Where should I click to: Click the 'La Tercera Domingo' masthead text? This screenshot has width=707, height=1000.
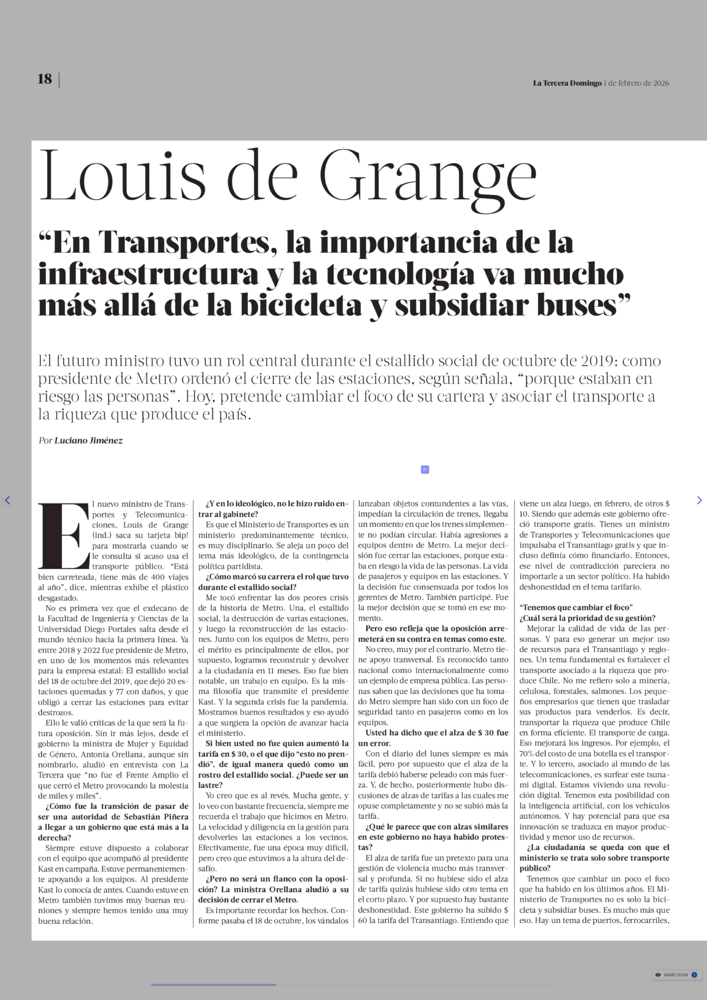click(x=567, y=83)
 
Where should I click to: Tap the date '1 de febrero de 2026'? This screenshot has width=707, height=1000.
click(x=636, y=83)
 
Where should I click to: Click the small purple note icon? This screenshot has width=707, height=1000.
click(x=425, y=470)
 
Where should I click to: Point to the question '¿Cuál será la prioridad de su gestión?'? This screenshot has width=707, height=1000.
click(x=587, y=618)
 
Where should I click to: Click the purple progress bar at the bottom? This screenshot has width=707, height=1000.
click(x=213, y=984)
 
